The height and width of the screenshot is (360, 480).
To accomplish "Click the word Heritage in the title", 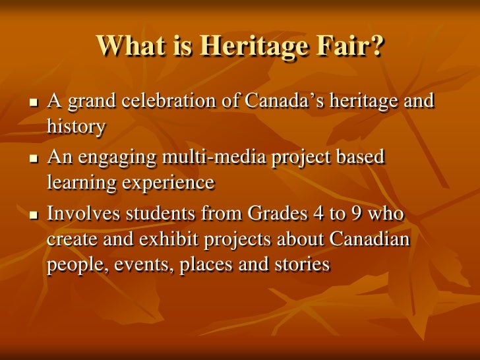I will pos(255,45).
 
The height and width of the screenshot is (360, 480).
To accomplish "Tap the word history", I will pos(76,127).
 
